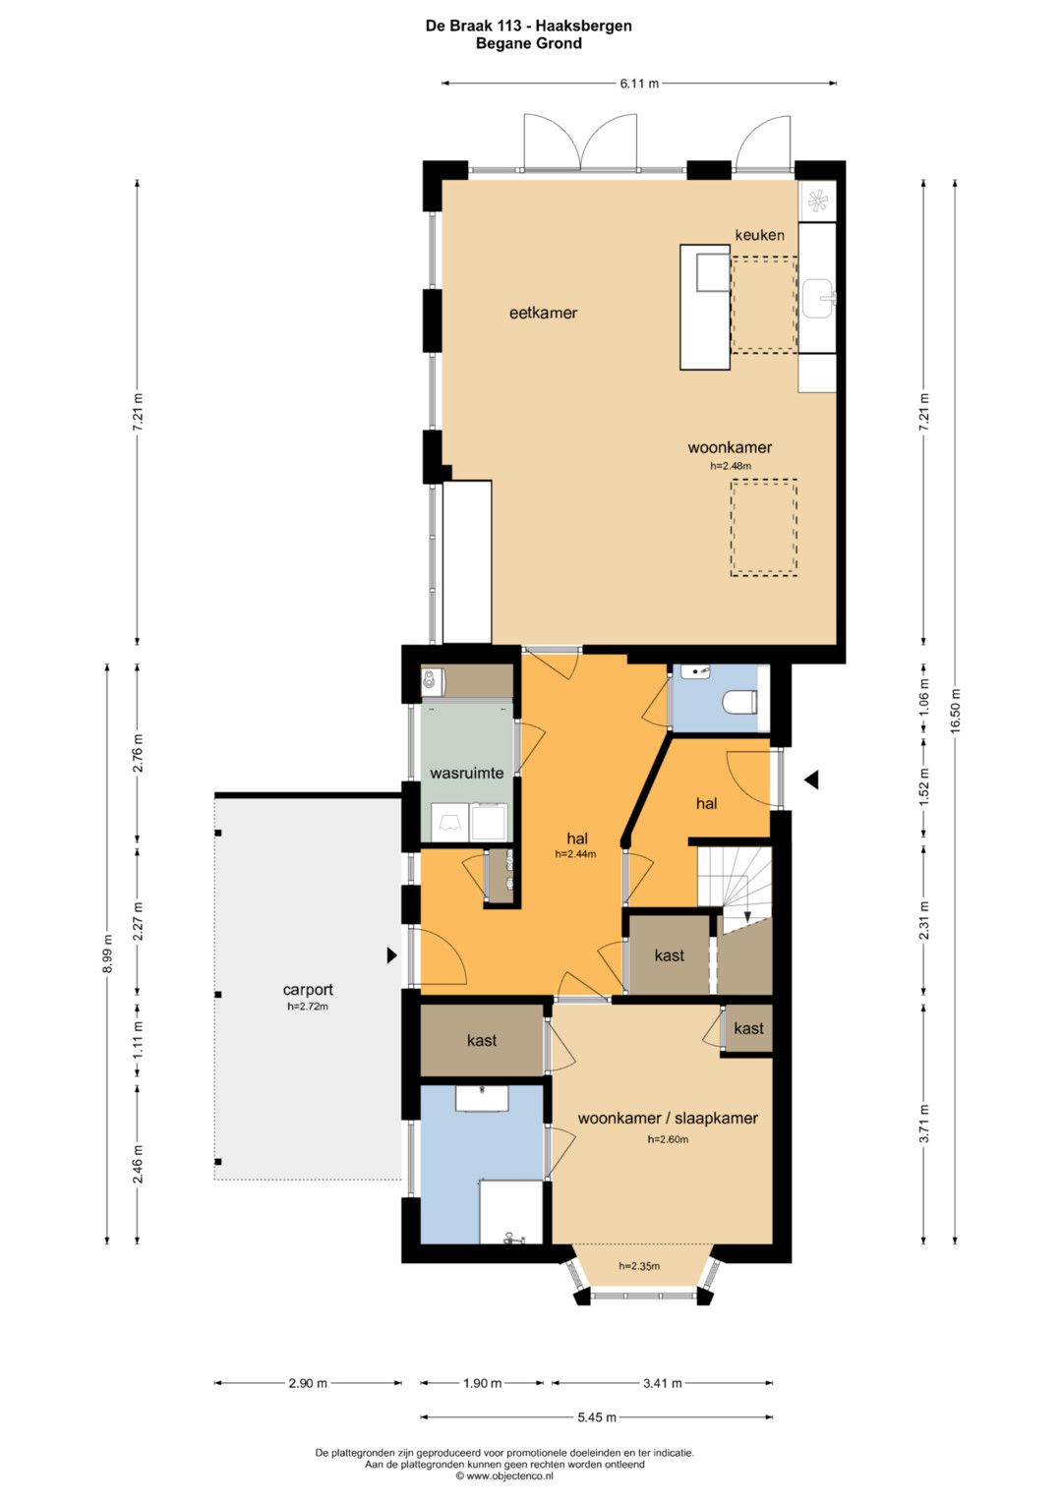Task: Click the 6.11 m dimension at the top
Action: coord(639,84)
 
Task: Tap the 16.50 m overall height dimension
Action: coord(956,711)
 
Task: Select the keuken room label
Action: coord(759,235)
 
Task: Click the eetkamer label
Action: coord(543,313)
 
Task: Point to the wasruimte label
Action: coord(467,773)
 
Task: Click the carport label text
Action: coord(308,989)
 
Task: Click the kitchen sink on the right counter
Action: coord(818,298)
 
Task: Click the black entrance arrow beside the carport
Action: coord(392,954)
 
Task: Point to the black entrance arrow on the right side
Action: coord(812,779)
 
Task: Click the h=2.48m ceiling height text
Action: coord(730,466)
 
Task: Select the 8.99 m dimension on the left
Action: coord(108,951)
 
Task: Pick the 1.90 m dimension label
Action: coord(482,1383)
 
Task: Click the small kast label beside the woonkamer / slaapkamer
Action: coord(748,1028)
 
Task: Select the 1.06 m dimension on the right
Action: coord(924,696)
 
